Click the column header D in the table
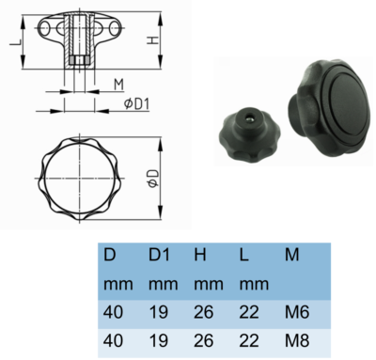coord(110,255)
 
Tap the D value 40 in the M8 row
coord(113,337)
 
